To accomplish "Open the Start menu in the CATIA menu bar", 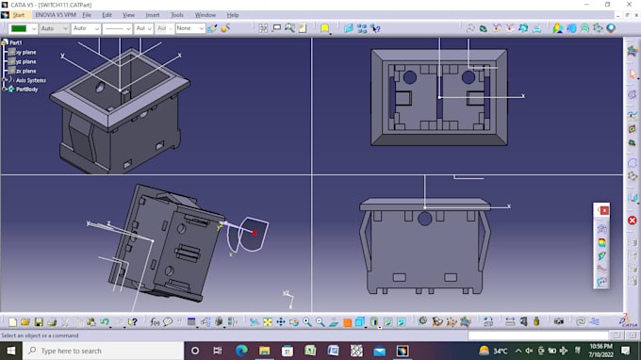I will [x=18, y=15].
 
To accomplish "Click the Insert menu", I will [x=152, y=15].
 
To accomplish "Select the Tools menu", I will [x=177, y=15].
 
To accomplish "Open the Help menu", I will [x=232, y=15].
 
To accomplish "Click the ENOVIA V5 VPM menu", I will [x=56, y=15].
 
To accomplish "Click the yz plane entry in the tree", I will [x=26, y=61].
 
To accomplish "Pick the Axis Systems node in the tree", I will [x=30, y=80].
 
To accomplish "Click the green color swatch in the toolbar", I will [x=19, y=28].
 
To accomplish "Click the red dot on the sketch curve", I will [x=255, y=232].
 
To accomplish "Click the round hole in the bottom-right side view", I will [x=425, y=219].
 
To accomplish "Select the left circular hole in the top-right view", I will [x=411, y=75].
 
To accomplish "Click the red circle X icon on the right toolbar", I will [x=633, y=221].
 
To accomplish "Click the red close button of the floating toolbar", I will [x=604, y=209].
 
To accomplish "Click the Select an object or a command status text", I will [x=40, y=335].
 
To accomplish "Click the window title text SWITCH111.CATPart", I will [x=66, y=5].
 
